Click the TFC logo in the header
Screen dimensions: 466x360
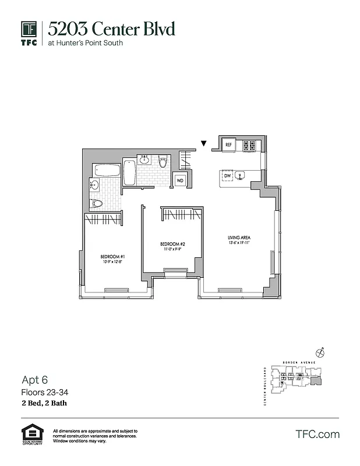pos(30,33)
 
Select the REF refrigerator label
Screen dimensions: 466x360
pos(229,144)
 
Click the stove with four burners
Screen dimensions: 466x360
pos(249,145)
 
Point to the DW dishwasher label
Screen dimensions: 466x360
pos(227,175)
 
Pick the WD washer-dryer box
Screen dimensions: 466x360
pos(180,181)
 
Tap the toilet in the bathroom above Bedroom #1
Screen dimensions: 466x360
pos(97,203)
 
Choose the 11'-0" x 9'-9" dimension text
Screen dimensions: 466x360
pos(173,249)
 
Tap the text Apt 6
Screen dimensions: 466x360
pos(34,379)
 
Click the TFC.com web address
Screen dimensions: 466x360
pos(317,435)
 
